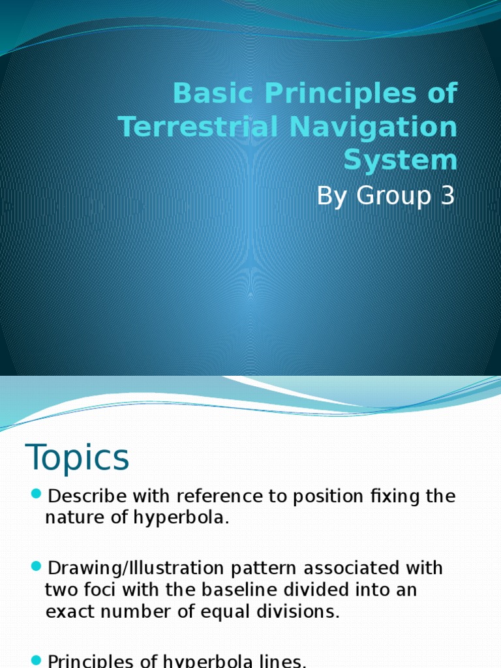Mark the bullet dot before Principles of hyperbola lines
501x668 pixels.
[x=37, y=660]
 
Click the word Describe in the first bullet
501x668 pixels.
[x=89, y=496]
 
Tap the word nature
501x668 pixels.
[x=72, y=519]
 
